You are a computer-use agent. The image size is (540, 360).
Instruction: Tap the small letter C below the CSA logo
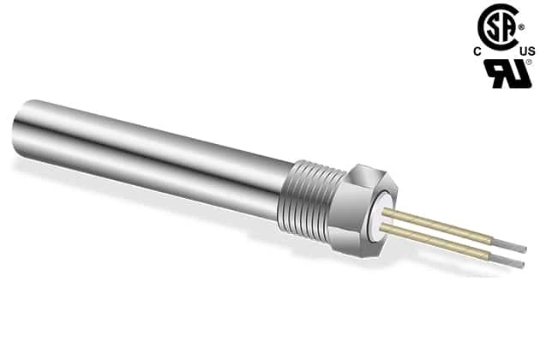coord(477,51)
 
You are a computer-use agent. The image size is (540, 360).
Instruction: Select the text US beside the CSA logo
coord(528,51)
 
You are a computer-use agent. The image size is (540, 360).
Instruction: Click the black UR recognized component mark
coord(507,74)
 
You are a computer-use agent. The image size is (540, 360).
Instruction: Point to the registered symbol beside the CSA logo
coord(522,27)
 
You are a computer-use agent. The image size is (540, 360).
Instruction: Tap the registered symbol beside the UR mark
coord(529,62)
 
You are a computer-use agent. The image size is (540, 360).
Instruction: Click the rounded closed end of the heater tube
coord(18,129)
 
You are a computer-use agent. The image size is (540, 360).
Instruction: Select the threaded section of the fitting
coord(312,199)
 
